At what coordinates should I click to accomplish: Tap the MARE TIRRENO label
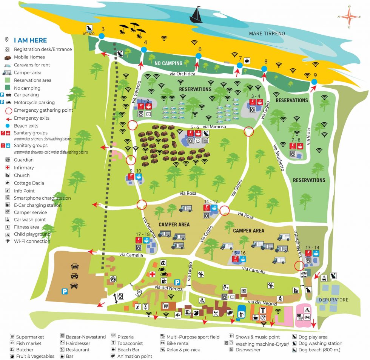tap(267, 34)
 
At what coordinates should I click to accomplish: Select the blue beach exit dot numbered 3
tap(102, 36)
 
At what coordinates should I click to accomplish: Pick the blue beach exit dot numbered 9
tap(314, 82)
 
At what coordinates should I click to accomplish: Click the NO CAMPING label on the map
tap(168, 63)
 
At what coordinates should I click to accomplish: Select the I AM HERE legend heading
tap(30, 40)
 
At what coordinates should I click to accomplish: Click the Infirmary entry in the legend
tap(24, 168)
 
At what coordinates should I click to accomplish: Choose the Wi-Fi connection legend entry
tap(32, 241)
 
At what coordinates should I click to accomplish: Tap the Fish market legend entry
tap(29, 343)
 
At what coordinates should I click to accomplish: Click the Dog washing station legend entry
tap(320, 343)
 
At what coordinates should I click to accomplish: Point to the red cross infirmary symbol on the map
tap(153, 274)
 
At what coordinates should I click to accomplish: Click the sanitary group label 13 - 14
tap(312, 248)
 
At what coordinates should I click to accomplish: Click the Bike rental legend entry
tap(178, 343)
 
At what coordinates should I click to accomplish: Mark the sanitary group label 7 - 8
tap(296, 140)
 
